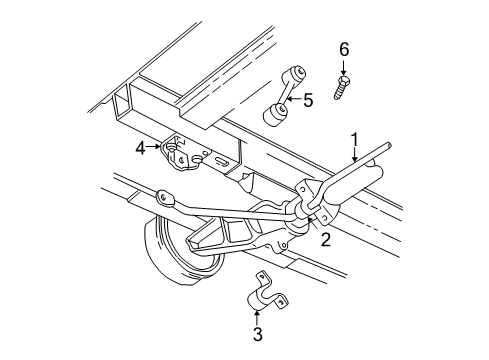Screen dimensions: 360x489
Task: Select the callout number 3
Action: click(257, 334)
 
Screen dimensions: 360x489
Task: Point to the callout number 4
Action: click(141, 147)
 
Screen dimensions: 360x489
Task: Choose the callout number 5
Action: click(308, 100)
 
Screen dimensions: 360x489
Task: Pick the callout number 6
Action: click(343, 48)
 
